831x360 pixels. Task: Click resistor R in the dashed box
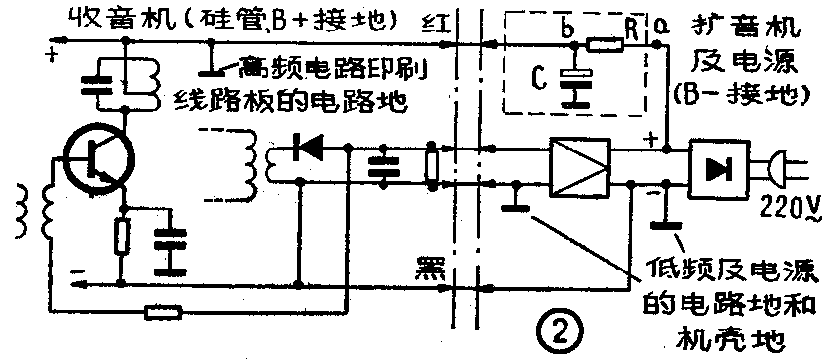coord(600,44)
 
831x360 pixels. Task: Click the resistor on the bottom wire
coord(161,313)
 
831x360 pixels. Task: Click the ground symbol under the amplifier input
coord(512,205)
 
